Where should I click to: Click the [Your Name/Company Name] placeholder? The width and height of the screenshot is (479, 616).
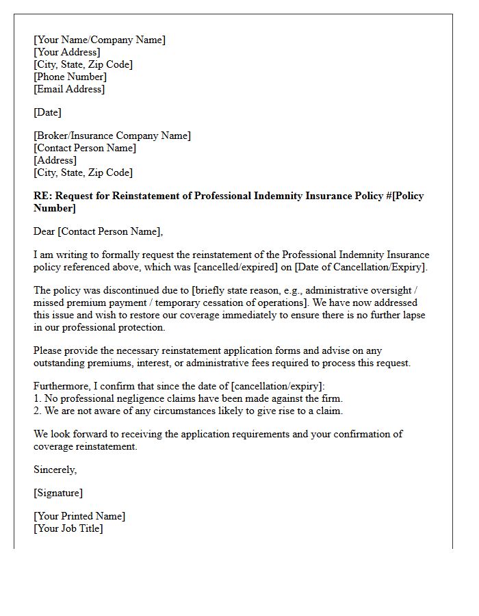tap(99, 40)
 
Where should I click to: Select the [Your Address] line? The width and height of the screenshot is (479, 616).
tap(67, 52)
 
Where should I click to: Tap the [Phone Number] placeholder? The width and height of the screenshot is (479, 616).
tap(70, 77)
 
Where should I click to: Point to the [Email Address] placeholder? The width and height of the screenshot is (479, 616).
tap(69, 89)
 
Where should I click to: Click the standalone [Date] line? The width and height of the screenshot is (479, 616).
tap(47, 112)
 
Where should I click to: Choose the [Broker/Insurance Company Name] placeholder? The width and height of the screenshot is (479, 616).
tap(112, 136)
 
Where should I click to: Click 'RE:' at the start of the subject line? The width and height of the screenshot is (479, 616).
tap(42, 196)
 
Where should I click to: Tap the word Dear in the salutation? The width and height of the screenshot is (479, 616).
tap(44, 231)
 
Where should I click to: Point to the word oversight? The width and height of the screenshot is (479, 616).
tap(393, 290)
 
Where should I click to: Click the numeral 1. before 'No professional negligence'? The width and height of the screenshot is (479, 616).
tap(38, 398)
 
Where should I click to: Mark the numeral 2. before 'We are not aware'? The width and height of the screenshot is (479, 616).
tap(38, 411)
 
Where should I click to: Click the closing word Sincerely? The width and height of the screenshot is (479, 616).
tap(55, 470)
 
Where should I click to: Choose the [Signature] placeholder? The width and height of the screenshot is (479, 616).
tap(58, 493)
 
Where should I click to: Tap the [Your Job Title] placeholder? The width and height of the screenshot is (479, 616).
tap(68, 528)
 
